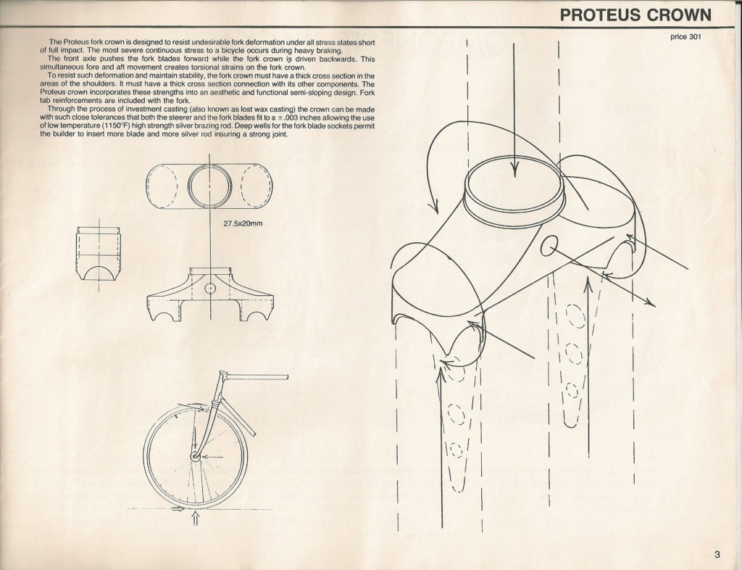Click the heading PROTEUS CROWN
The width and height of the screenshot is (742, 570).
tap(635, 15)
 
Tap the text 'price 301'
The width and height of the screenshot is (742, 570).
tap(685, 37)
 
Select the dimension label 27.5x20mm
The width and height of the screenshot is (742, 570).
tap(243, 223)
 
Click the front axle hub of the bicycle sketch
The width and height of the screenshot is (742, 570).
tap(194, 456)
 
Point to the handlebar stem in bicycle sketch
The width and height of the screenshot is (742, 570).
tap(256, 377)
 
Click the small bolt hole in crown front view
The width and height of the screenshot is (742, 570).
tap(209, 288)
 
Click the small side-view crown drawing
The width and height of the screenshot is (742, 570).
tap(99, 254)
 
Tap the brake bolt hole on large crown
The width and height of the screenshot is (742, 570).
tap(549, 245)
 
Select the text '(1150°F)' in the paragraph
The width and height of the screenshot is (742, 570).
tap(116, 126)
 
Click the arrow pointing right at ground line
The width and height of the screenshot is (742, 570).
tap(178, 509)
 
